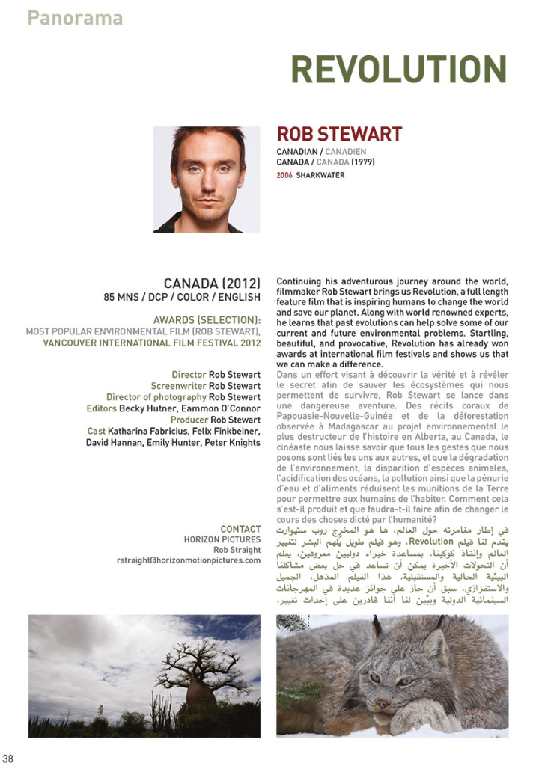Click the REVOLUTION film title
click(398, 70)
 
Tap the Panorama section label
click(75, 17)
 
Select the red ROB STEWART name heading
click(339, 135)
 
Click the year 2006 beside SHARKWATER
click(284, 175)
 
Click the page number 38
click(8, 759)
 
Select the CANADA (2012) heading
click(212, 284)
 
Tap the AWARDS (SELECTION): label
click(207, 320)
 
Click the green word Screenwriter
click(179, 386)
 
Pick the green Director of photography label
click(156, 397)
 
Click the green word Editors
click(101, 408)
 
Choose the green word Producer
click(189, 420)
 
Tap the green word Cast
click(96, 431)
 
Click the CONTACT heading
click(240, 529)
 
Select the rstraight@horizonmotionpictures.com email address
click(189, 560)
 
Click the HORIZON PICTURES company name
click(222, 539)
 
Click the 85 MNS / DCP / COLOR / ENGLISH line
click(182, 298)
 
